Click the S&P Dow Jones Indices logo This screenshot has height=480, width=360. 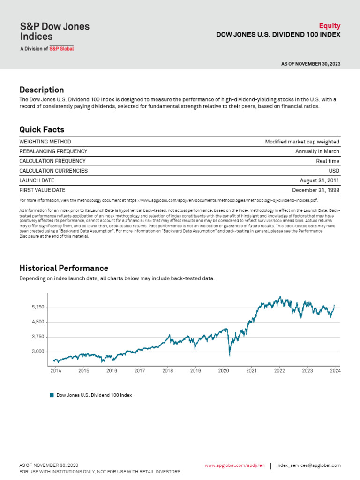(x=55, y=36)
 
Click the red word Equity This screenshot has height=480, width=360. (x=330, y=26)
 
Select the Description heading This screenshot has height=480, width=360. (x=42, y=90)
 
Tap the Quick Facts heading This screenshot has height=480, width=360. (x=42, y=129)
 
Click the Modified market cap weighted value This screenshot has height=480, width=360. (x=302, y=142)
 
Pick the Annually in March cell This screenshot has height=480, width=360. (x=317, y=151)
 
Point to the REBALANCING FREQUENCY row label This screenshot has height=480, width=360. (x=53, y=151)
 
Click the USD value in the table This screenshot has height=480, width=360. (x=334, y=171)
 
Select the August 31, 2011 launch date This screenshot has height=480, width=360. (x=320, y=180)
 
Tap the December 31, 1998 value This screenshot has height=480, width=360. (x=315, y=190)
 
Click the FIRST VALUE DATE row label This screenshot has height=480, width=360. (x=42, y=190)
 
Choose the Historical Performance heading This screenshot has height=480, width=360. (x=64, y=268)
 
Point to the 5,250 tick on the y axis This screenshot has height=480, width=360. (x=38, y=307)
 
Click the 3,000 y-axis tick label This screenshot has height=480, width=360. (x=38, y=352)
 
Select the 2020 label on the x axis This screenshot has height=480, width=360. (x=224, y=371)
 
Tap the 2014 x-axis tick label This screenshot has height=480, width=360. (x=56, y=371)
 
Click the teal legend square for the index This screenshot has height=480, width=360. (x=52, y=395)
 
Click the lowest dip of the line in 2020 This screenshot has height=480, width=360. (x=230, y=356)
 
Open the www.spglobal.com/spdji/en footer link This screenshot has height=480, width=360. (x=235, y=465)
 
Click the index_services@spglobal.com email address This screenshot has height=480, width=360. (x=308, y=465)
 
